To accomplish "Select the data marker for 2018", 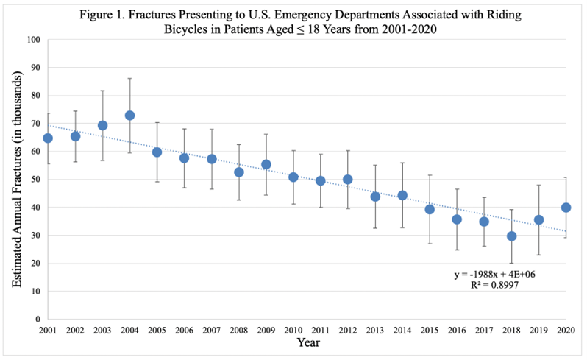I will tap(511, 236).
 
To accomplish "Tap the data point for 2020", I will tap(566, 208).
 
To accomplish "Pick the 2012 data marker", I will tap(348, 179).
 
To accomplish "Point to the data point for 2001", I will tap(48, 138).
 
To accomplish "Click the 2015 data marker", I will tap(430, 209).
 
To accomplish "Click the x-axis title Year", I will tap(307, 344).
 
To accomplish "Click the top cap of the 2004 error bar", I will tap(129, 78).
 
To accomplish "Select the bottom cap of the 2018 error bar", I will tap(511, 264).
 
